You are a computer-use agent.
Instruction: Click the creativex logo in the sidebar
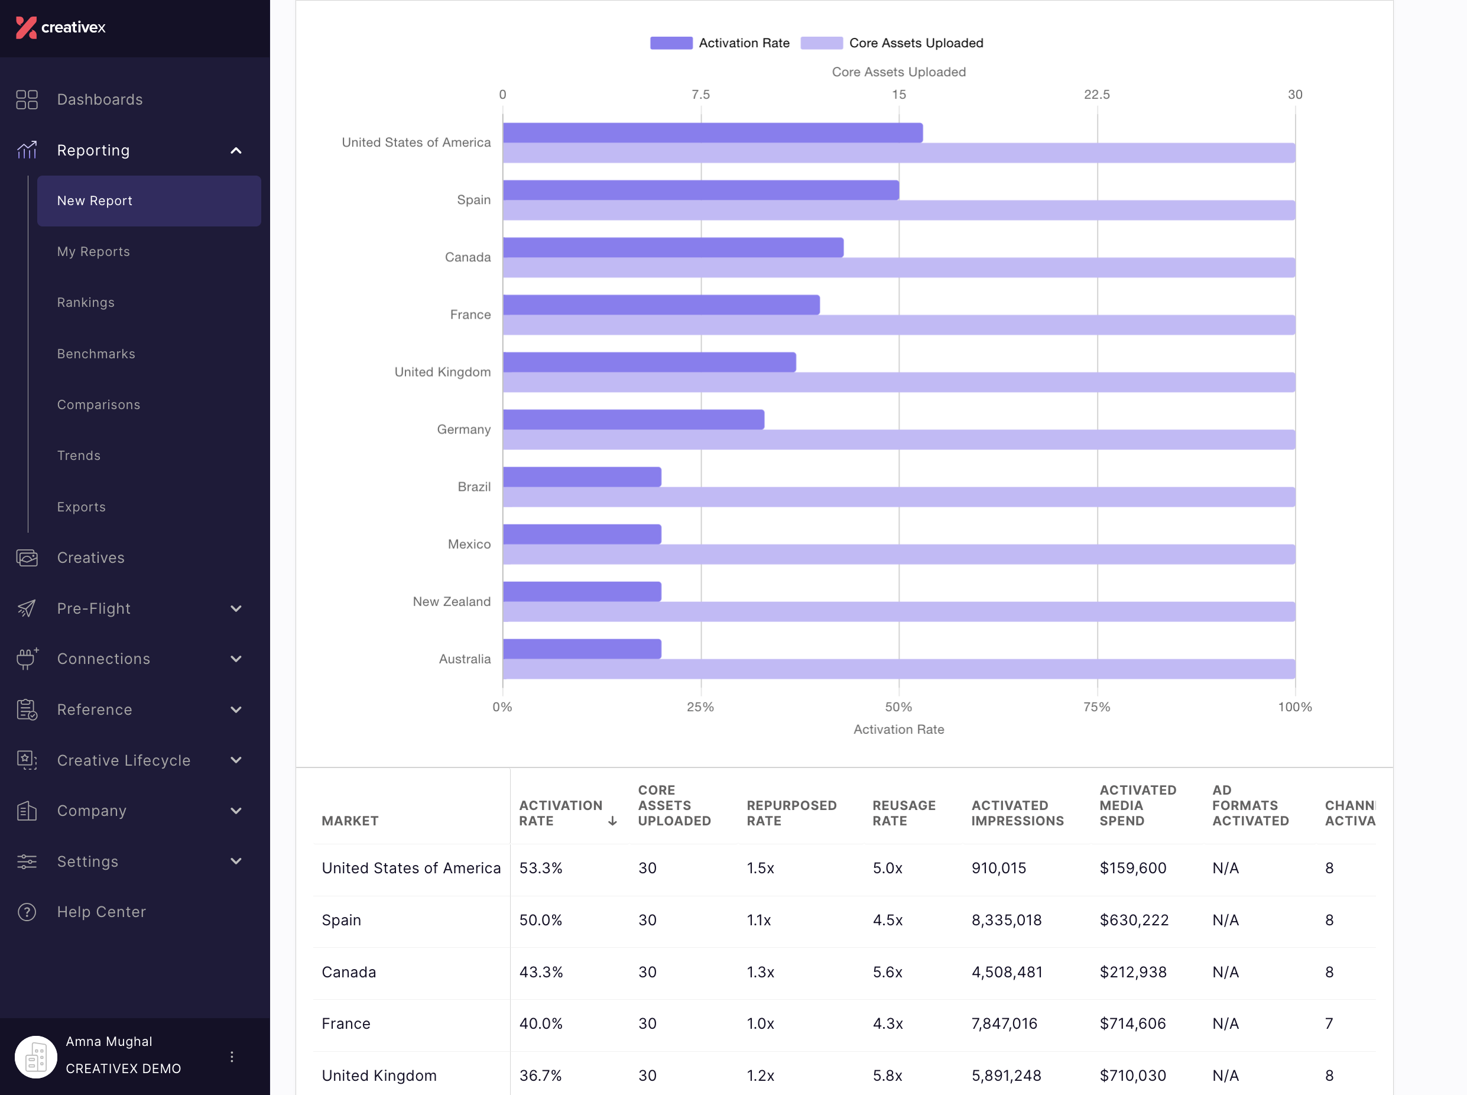[60, 27]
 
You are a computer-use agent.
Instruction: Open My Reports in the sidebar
[93, 252]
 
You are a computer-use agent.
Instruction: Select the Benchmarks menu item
[96, 354]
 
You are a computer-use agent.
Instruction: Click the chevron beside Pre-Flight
[236, 608]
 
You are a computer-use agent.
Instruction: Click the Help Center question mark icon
[27, 912]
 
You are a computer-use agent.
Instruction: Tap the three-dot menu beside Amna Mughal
[232, 1057]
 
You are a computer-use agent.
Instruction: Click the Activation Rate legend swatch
[671, 43]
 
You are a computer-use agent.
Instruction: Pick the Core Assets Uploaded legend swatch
[822, 43]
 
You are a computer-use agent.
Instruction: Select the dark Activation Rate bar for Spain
[701, 190]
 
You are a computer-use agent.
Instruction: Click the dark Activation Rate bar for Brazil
[582, 477]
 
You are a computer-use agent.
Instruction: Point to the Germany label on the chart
[464, 429]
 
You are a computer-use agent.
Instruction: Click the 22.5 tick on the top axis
[1096, 94]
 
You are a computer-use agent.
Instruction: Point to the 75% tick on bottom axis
[1096, 707]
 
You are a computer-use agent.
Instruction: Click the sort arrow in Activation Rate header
[612, 821]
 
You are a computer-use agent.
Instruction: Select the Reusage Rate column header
[904, 814]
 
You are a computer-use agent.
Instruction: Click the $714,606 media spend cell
[1132, 1023]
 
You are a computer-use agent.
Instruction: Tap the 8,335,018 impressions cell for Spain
[1006, 920]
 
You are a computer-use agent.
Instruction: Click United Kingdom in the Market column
[379, 1075]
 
